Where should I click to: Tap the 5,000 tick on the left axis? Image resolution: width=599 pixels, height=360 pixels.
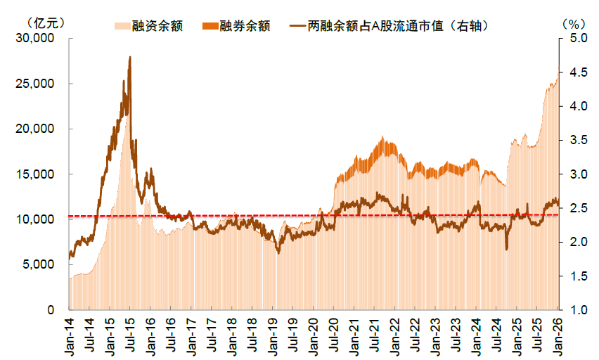pyautogui.click(x=41, y=264)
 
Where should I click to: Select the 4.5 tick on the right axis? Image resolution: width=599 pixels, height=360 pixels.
pyautogui.click(x=574, y=72)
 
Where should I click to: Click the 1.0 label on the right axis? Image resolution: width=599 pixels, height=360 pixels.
pyautogui.click(x=574, y=310)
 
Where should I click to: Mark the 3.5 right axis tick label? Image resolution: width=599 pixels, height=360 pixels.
pyautogui.click(x=574, y=140)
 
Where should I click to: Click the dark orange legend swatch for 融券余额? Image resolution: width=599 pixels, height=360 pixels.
pyautogui.click(x=209, y=26)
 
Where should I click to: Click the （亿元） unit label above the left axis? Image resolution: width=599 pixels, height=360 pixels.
pyautogui.click(x=47, y=23)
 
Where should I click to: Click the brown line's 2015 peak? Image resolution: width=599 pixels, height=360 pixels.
pyautogui.click(x=130, y=57)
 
